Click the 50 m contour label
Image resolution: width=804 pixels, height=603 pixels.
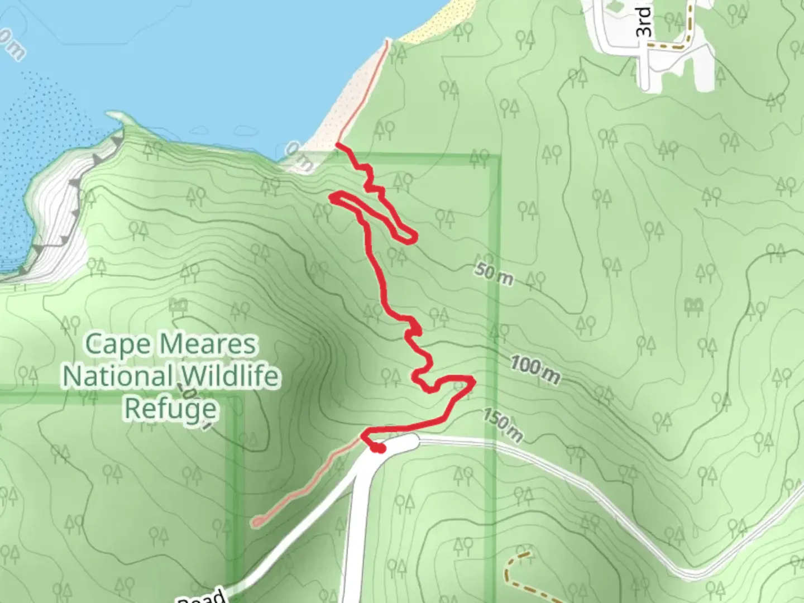tap(494, 273)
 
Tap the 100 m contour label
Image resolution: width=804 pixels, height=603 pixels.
tap(535, 371)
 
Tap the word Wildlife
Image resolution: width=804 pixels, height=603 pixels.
tap(229, 376)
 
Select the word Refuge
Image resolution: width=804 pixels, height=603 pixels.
tap(170, 408)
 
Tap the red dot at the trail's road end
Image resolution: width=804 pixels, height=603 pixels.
tap(379, 448)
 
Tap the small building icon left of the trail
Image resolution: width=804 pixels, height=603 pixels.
tap(179, 305)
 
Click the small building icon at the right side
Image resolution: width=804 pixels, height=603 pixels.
tap(693, 305)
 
